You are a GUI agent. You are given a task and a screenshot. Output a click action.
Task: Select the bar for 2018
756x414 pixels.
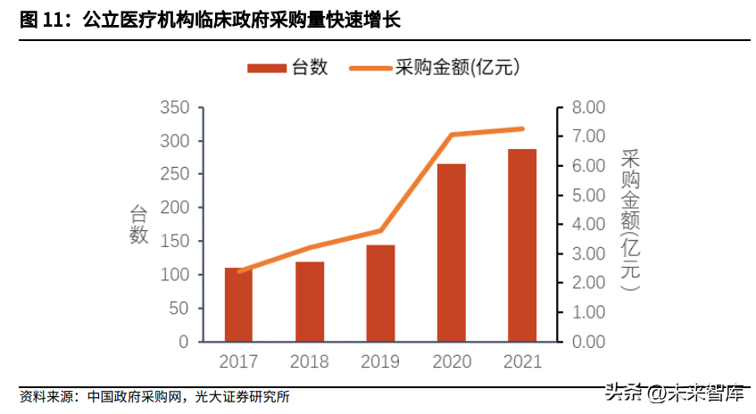tap(309, 302)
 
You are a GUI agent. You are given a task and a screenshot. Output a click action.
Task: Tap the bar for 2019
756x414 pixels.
tap(380, 293)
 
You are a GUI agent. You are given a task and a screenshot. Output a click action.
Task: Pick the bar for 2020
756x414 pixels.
tap(451, 253)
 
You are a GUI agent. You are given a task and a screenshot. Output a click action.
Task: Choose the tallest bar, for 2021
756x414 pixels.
tap(522, 245)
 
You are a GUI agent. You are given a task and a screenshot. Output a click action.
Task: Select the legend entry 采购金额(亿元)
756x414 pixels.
tap(437, 68)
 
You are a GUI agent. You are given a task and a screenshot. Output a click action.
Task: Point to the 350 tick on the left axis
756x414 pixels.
tap(174, 108)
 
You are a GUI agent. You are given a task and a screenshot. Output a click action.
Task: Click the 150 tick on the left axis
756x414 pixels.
tap(174, 242)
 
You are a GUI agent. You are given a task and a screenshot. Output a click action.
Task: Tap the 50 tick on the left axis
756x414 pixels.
tap(179, 309)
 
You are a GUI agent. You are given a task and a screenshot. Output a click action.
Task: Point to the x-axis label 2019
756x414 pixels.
tap(380, 362)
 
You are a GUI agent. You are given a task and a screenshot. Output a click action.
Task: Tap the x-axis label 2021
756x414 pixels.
tap(522, 362)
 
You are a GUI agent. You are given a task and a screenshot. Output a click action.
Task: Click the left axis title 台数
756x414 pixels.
tap(139, 224)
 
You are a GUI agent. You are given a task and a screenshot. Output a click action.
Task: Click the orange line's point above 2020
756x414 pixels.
tap(452, 135)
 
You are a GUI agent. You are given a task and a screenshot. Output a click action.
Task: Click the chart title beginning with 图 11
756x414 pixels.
tap(210, 20)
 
